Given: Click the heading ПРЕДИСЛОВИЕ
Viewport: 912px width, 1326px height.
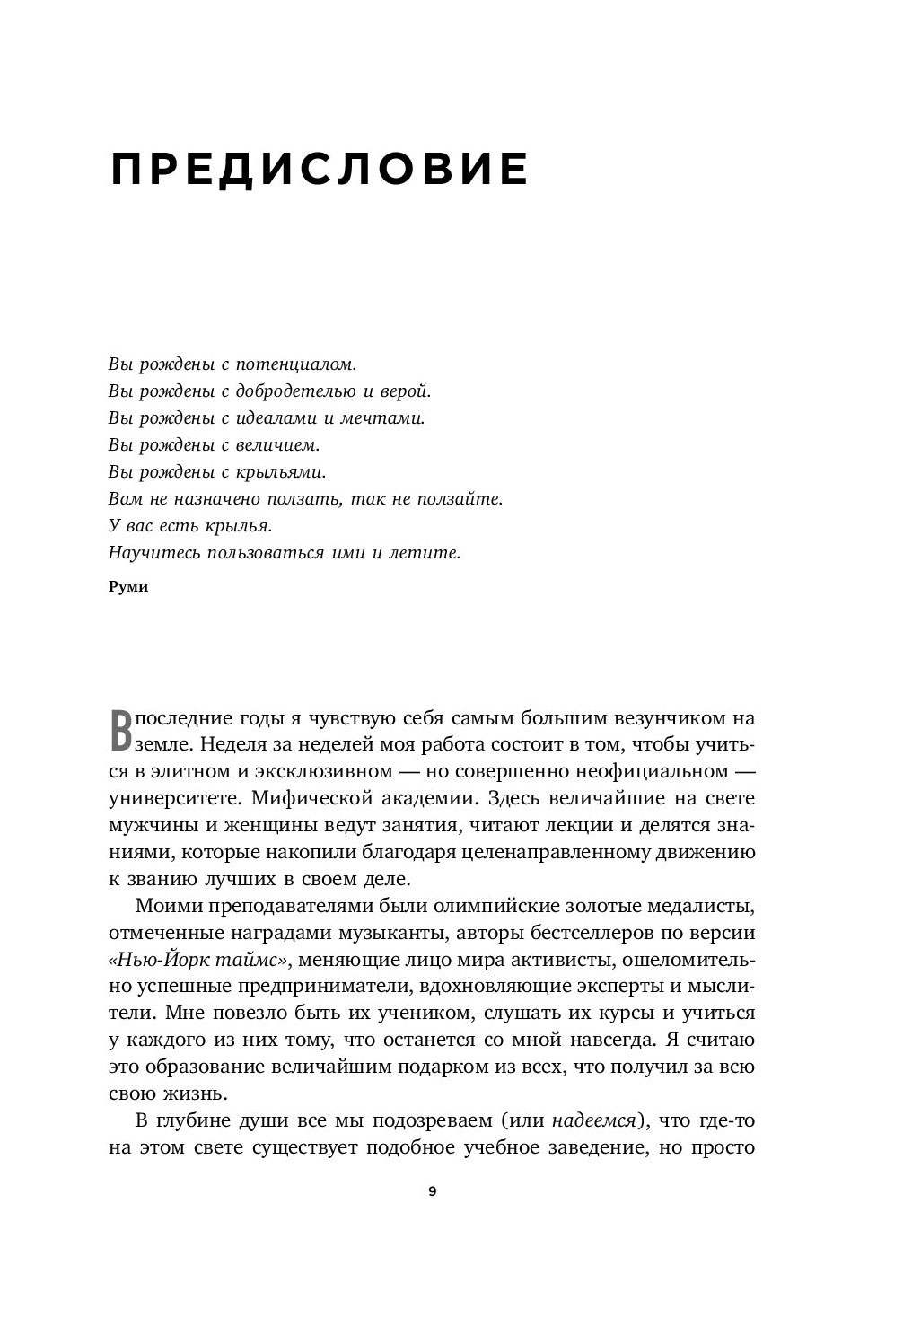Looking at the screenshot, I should click(x=319, y=169).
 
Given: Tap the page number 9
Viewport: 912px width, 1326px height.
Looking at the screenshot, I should click(x=432, y=1191).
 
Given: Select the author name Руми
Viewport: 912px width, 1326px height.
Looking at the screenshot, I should click(x=127, y=587).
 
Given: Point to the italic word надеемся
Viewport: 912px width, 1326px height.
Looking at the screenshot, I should click(x=593, y=1120).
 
